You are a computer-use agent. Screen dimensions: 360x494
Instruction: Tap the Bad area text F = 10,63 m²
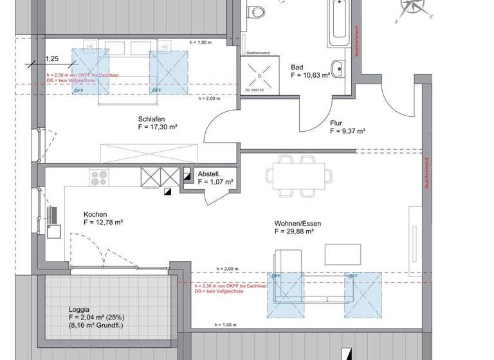[x=310, y=75]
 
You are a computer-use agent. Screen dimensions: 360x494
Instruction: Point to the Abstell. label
[x=210, y=174]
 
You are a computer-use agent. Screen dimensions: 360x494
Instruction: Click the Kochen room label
[x=95, y=215]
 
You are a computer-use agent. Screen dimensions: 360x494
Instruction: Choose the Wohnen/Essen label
[x=297, y=224]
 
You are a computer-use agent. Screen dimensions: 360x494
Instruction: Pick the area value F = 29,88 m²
[x=294, y=231]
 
